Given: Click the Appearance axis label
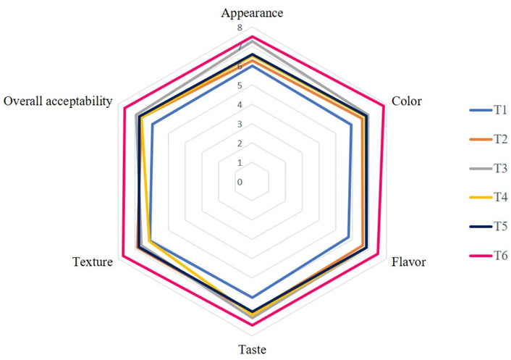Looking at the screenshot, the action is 252,13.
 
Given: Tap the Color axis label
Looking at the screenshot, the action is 406,101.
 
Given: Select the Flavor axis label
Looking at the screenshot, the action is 408,261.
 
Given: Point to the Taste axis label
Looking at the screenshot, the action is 252,350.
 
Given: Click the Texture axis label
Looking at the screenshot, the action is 93,261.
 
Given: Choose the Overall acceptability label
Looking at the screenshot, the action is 58,101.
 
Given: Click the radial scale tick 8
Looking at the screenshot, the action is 240,28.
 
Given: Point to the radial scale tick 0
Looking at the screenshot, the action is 240,182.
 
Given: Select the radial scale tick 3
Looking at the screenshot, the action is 240,125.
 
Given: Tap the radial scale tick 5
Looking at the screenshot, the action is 240,85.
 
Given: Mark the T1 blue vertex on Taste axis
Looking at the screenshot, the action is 252,297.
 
